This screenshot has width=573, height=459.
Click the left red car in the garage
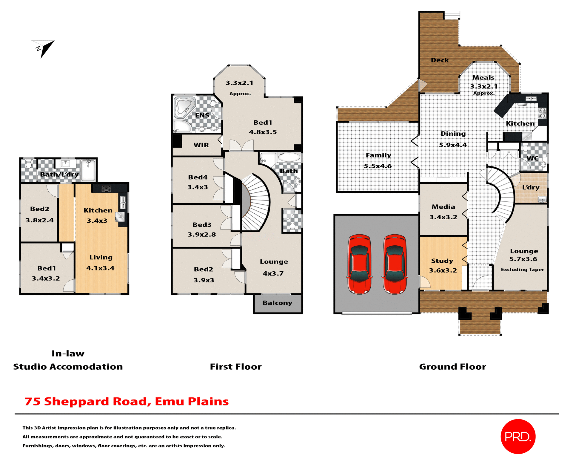pyautogui.click(x=360, y=264)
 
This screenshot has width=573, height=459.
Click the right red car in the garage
pyautogui.click(x=395, y=264)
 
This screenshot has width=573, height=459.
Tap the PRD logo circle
pyautogui.click(x=518, y=437)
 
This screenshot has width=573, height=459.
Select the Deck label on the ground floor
pyautogui.click(x=440, y=60)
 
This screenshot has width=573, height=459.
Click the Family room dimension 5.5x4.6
pyautogui.click(x=378, y=166)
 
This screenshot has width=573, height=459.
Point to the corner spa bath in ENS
pyautogui.click(x=184, y=107)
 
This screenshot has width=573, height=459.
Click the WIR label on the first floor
pyautogui.click(x=201, y=145)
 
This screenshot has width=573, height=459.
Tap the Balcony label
pyautogui.click(x=277, y=303)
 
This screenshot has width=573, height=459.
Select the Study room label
pyautogui.click(x=442, y=261)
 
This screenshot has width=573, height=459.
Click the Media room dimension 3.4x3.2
pyautogui.click(x=443, y=217)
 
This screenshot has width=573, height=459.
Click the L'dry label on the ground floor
pyautogui.click(x=531, y=187)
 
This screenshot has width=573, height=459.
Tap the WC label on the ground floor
pyautogui.click(x=532, y=158)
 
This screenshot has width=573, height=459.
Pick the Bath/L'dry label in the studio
pyautogui.click(x=59, y=174)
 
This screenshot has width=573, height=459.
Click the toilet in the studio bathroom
pyautogui.click(x=29, y=164)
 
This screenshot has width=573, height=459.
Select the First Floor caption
pyautogui.click(x=235, y=367)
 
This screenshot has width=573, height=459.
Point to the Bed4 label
pyautogui.click(x=198, y=177)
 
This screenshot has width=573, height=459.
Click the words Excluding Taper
pyautogui.click(x=522, y=270)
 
